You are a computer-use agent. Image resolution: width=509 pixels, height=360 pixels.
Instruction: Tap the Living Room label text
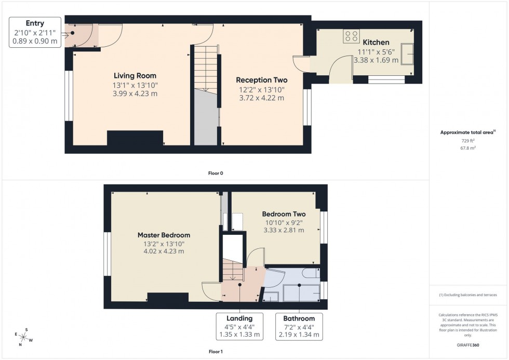click(135, 76)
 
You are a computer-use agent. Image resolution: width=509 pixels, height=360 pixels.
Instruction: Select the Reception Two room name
click(261, 80)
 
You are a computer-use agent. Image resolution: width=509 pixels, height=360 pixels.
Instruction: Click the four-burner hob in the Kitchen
click(352, 36)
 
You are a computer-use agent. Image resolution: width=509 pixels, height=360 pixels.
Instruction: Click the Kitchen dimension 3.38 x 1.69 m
click(376, 60)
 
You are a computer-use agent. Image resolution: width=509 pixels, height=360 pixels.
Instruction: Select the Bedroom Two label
click(284, 214)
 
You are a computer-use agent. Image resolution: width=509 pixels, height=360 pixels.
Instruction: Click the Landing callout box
click(239, 326)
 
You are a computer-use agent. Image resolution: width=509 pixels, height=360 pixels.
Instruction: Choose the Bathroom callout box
click(299, 326)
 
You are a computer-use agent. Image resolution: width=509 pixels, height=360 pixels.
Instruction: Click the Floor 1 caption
click(216, 352)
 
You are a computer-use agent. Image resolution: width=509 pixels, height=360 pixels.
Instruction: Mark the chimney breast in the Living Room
click(135, 138)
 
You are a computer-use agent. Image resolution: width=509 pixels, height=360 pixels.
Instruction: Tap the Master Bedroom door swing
click(210, 291)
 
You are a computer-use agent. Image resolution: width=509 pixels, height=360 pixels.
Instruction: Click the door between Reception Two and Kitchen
click(300, 63)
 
